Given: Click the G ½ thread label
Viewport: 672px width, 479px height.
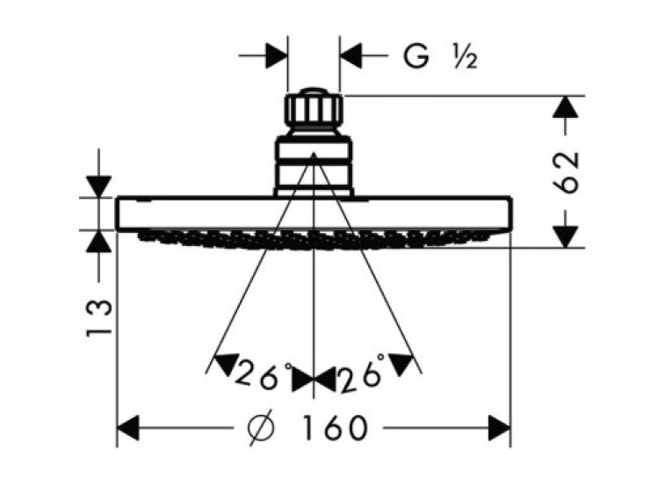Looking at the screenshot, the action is pyautogui.click(x=440, y=57).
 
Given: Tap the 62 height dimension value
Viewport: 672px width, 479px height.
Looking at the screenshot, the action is pyautogui.click(x=566, y=172).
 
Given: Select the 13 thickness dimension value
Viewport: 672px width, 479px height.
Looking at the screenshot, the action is pyautogui.click(x=99, y=318).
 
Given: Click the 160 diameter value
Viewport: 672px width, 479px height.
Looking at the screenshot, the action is pyautogui.click(x=336, y=427).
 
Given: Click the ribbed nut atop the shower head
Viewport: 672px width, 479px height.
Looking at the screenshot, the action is pyautogui.click(x=314, y=109).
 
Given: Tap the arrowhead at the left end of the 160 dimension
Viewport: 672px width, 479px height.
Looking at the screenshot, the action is pyautogui.click(x=128, y=427).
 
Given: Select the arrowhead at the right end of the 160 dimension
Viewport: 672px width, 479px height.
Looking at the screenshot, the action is pyautogui.click(x=499, y=427).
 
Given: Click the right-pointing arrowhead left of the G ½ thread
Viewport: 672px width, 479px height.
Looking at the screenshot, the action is pyautogui.click(x=277, y=55).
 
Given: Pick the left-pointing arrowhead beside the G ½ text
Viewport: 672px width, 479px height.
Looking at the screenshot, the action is pyautogui.click(x=351, y=55).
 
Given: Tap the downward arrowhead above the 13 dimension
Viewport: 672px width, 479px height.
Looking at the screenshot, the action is pyautogui.click(x=99, y=186).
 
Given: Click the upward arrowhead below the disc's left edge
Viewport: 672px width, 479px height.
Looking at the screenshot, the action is pyautogui.click(x=99, y=242).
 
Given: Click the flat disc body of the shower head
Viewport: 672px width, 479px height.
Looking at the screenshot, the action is pyautogui.click(x=314, y=214).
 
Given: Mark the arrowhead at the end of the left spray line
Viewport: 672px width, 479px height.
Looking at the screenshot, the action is pyautogui.click(x=226, y=364).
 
